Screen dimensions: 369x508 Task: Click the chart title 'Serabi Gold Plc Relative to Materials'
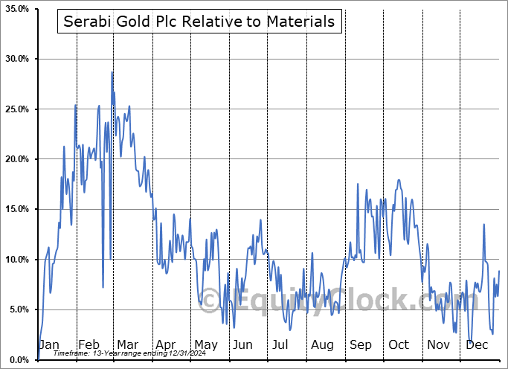click(199, 22)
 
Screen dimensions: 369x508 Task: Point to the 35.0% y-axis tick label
click(16, 9)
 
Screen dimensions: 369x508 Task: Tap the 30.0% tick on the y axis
click(16, 59)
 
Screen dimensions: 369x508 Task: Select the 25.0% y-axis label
click(16, 109)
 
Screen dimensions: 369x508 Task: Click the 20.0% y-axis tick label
click(16, 159)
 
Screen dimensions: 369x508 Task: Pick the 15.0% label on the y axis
click(16, 209)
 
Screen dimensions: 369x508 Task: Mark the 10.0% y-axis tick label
click(16, 260)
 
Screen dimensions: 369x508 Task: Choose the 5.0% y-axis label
click(18, 309)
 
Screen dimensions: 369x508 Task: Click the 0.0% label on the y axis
click(18, 359)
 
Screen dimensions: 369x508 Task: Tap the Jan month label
click(48, 345)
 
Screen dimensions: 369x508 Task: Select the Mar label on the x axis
click(127, 345)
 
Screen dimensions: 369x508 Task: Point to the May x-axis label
click(205, 345)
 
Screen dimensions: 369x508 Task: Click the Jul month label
click(280, 345)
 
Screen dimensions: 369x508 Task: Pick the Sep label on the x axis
click(361, 345)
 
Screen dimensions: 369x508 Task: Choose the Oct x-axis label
click(399, 345)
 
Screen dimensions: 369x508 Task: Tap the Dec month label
click(477, 345)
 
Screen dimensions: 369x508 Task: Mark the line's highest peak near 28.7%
click(112, 72)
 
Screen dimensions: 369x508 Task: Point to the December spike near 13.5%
click(484, 225)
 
